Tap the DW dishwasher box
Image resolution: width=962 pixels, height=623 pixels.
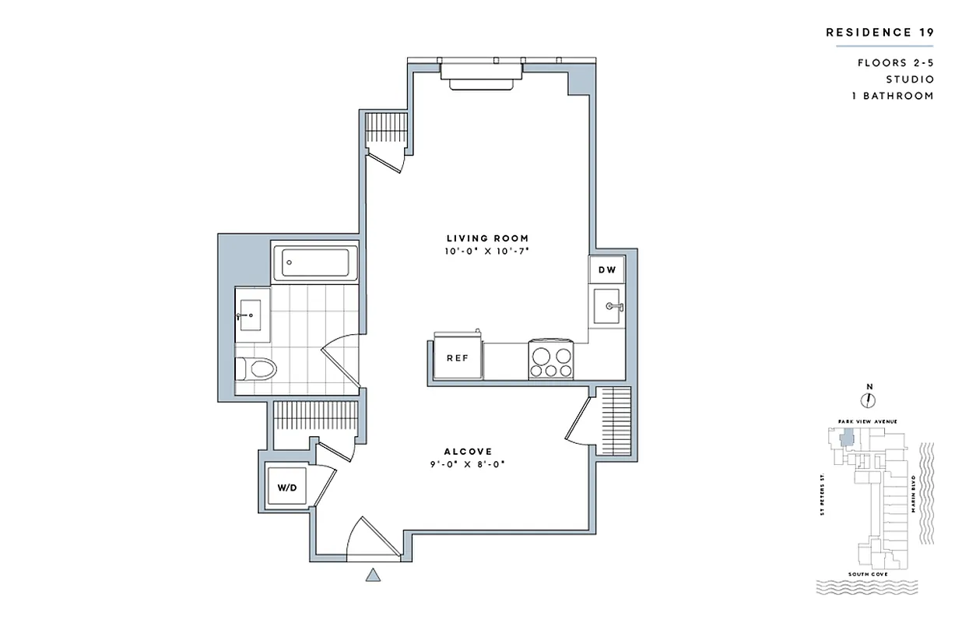coord(606,270)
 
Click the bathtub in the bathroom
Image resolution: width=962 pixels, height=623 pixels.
coord(314,262)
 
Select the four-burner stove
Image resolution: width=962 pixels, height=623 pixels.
coord(552,359)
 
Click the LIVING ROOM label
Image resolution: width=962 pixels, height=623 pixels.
coord(487,238)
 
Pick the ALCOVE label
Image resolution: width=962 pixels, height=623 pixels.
coord(467,452)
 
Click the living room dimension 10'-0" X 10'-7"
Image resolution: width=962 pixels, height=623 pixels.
coord(487,252)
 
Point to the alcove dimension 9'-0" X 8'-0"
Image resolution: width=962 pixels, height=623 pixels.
coord(467,465)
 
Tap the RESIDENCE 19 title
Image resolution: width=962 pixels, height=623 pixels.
coord(879,32)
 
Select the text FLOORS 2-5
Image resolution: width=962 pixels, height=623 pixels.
coord(895,62)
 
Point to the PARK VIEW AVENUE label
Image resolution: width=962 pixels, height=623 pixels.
coord(868,421)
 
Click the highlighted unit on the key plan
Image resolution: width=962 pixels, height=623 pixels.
coord(846,438)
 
